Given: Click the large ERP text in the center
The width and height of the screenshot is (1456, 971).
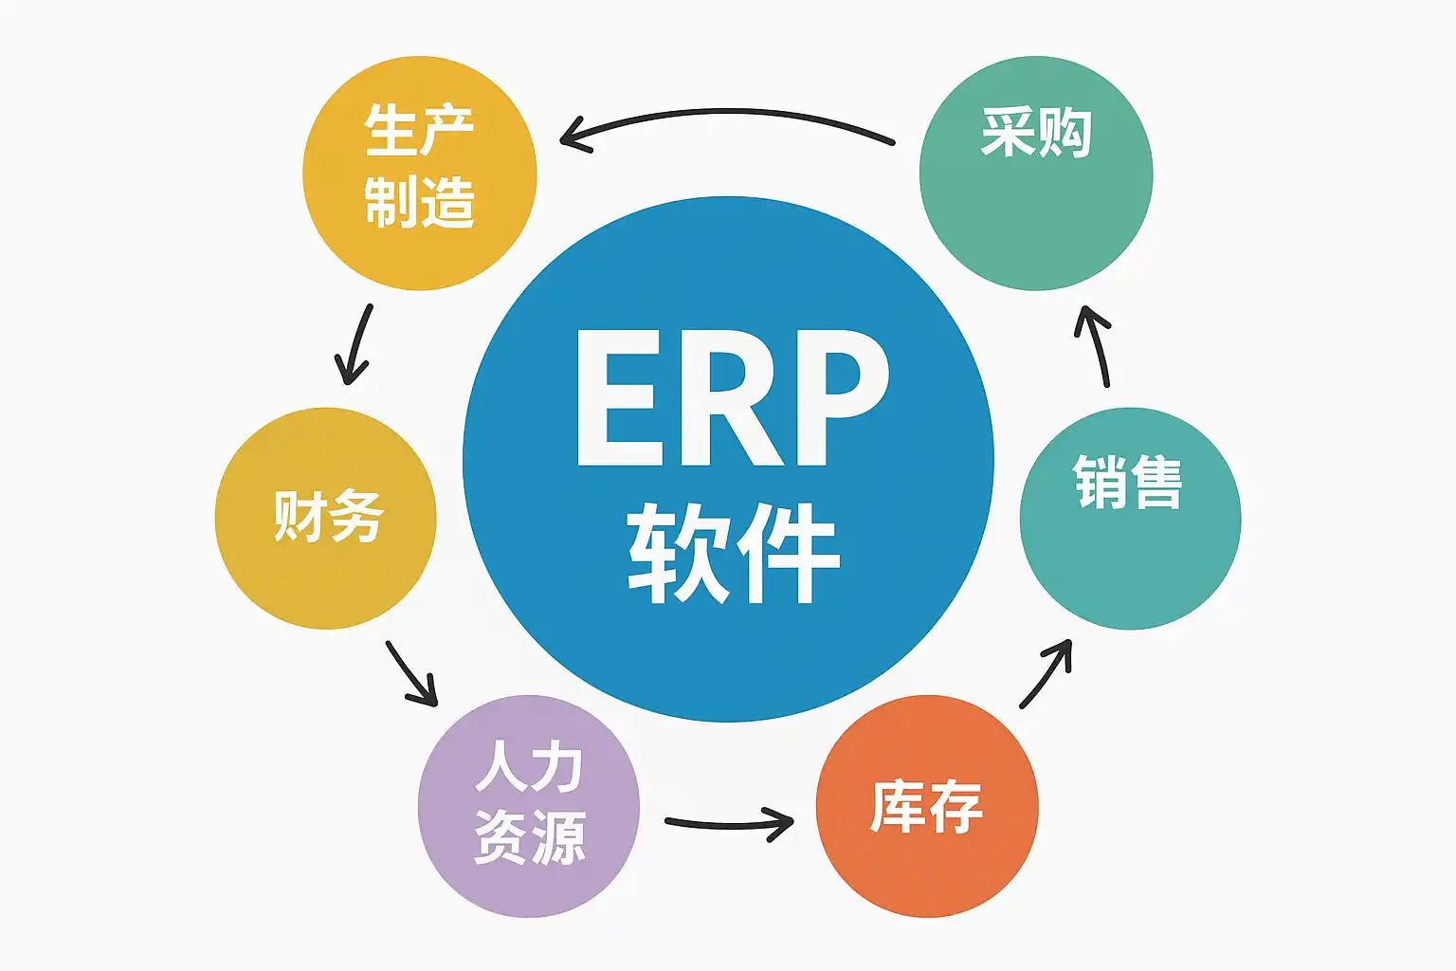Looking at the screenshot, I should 732,398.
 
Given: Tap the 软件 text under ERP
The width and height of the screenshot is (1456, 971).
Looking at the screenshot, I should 733,552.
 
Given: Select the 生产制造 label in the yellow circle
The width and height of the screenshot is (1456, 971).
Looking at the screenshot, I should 419,165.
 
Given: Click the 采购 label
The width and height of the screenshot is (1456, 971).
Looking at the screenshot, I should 1036,132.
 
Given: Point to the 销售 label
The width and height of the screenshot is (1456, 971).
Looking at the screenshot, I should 1128,482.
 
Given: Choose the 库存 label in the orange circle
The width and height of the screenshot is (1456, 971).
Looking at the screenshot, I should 926,807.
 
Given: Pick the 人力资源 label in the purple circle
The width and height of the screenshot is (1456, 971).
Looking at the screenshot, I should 529,803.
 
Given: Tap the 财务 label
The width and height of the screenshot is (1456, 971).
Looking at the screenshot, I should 328,516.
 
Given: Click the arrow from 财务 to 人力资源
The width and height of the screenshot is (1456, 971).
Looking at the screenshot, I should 411,674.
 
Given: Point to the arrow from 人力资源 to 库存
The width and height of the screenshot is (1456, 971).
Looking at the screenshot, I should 730,823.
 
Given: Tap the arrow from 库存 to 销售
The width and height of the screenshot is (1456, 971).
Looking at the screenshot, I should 1047,672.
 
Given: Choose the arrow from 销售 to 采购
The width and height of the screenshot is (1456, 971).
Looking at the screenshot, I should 1095,345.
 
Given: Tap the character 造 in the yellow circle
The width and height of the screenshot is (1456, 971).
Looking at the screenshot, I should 446,201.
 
